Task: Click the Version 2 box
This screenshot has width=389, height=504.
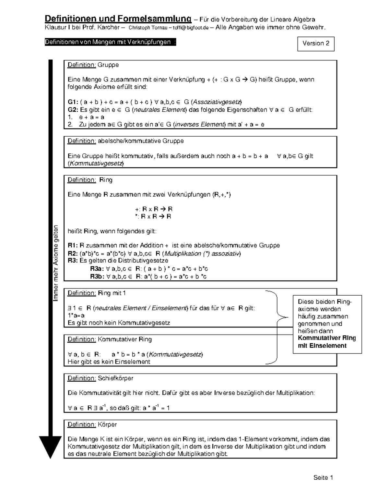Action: pos(316,44)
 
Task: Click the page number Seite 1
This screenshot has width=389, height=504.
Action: pos(323,477)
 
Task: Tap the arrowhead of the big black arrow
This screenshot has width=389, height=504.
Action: pos(50,446)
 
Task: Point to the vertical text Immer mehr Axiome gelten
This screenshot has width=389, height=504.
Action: pos(56,263)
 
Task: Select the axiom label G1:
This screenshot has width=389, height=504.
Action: pos(73,102)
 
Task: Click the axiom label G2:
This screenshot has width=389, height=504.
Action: pos(73,110)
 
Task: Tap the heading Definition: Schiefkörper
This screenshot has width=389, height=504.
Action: pos(100,378)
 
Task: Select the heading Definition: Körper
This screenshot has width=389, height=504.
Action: pos(92,424)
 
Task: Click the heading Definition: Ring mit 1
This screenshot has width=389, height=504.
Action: pos(97,293)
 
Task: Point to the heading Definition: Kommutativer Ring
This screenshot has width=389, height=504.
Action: pos(110,339)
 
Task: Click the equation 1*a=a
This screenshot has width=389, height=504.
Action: pos(76,315)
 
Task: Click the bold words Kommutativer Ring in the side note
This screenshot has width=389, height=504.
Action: pos(327,338)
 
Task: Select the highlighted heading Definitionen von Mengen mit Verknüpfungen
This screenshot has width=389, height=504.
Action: pos(110,42)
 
